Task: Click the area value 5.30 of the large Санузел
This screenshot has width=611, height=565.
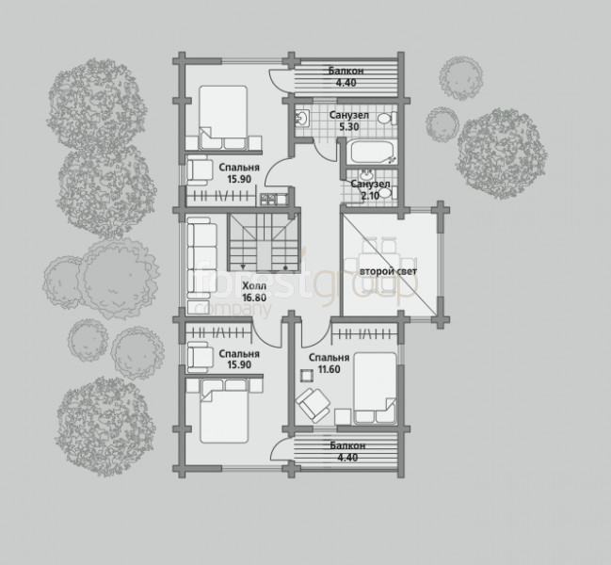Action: point(348,126)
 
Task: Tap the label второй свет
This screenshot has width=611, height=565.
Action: point(388,271)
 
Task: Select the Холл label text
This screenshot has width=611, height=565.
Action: point(254,286)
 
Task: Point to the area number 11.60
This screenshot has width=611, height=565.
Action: point(330,369)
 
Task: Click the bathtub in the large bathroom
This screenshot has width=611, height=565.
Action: point(372,153)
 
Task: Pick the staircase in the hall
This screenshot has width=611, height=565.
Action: point(265,242)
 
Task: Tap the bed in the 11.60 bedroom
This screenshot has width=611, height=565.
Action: point(375,388)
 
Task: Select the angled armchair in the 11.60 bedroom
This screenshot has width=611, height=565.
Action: point(313,405)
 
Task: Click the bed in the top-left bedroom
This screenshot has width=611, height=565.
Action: point(223,118)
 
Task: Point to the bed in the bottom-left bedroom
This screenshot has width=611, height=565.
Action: point(224,412)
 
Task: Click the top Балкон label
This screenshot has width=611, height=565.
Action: point(346,71)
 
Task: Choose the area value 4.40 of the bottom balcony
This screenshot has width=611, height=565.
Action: point(347,457)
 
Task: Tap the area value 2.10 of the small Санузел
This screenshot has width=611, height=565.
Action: point(370,196)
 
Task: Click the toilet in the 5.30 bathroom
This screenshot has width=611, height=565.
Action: point(388,119)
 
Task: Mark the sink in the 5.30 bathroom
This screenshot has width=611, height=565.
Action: point(301,118)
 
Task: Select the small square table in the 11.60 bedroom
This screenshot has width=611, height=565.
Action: point(306,376)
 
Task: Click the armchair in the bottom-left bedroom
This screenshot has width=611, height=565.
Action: point(200,357)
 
